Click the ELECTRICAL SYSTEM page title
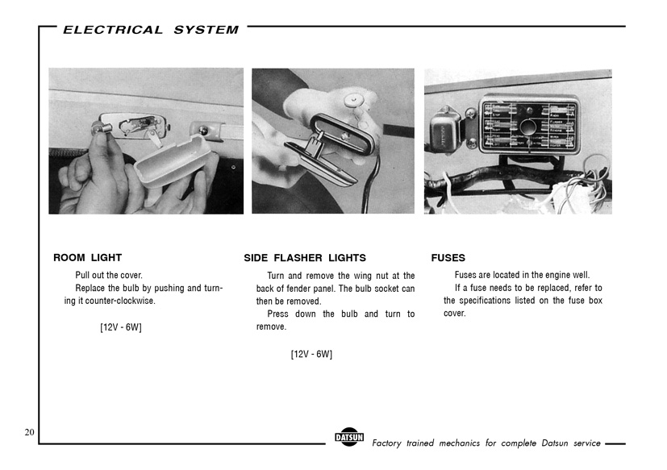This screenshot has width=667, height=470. [x=151, y=30]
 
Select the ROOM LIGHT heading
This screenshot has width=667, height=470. [x=87, y=258]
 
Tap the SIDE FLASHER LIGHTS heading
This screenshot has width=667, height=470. [x=305, y=258]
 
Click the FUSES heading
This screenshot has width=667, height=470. [x=448, y=258]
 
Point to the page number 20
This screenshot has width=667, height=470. [x=29, y=433]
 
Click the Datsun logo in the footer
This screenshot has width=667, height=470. [x=349, y=439]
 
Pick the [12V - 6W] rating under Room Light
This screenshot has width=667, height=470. [x=121, y=327]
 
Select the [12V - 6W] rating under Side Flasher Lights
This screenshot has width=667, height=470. [x=311, y=354]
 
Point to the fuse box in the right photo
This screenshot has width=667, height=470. [x=528, y=124]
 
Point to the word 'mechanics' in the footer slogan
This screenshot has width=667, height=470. [x=466, y=443]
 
